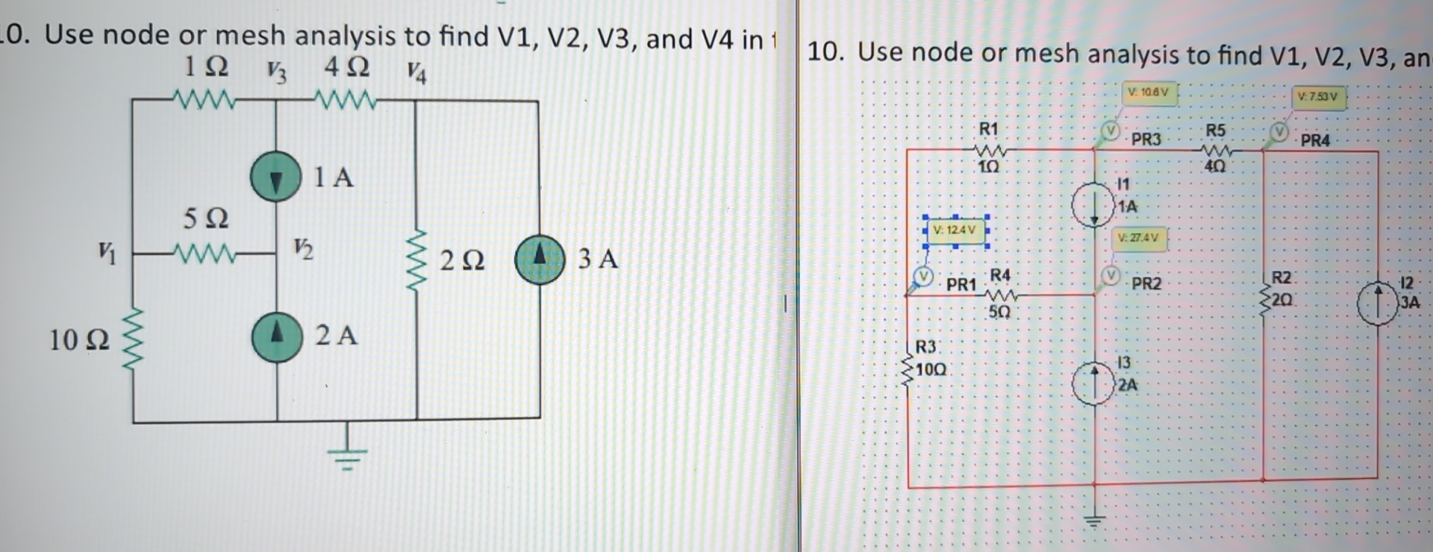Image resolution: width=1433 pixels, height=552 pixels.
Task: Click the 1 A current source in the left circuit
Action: [x=275, y=177]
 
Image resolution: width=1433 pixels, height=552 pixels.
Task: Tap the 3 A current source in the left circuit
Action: [x=540, y=260]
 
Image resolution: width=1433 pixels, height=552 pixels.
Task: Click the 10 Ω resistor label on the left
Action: [x=78, y=340]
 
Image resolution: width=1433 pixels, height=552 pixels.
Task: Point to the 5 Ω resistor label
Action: [x=206, y=218]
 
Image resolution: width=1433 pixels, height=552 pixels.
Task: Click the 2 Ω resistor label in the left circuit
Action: [x=462, y=260]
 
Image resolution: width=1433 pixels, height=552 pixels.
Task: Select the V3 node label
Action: [x=276, y=72]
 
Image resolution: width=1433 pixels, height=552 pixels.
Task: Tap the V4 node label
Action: [x=416, y=73]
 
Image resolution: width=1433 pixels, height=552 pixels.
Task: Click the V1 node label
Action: [x=107, y=254]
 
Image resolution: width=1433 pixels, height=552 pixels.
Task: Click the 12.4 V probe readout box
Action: [x=955, y=230]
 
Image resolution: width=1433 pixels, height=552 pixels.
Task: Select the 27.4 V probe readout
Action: [x=1138, y=238]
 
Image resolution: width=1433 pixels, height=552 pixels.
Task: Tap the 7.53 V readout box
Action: [x=1318, y=97]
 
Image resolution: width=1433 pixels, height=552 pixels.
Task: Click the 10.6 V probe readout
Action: [x=1149, y=92]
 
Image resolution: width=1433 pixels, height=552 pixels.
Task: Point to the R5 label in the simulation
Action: [x=1215, y=131]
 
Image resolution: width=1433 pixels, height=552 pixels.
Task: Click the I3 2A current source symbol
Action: [x=1093, y=384]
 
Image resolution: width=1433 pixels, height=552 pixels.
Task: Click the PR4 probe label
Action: [x=1314, y=140]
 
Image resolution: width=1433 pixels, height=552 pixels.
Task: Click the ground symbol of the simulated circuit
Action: [x=1094, y=520]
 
